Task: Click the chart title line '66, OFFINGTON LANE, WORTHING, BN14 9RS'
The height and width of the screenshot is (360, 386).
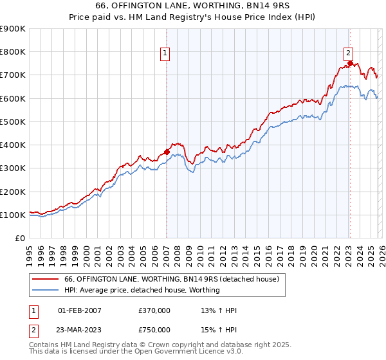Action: (192, 6)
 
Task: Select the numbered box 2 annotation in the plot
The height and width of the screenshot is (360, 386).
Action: (348, 53)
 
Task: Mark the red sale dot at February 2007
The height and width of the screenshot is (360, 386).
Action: (167, 152)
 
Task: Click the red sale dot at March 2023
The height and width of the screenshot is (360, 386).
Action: (350, 64)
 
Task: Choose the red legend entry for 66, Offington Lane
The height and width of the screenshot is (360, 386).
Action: (171, 279)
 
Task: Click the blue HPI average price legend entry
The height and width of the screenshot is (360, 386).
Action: (142, 290)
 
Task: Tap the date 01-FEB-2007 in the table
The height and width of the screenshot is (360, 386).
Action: (80, 310)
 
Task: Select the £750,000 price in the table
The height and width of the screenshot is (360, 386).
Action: (154, 329)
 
